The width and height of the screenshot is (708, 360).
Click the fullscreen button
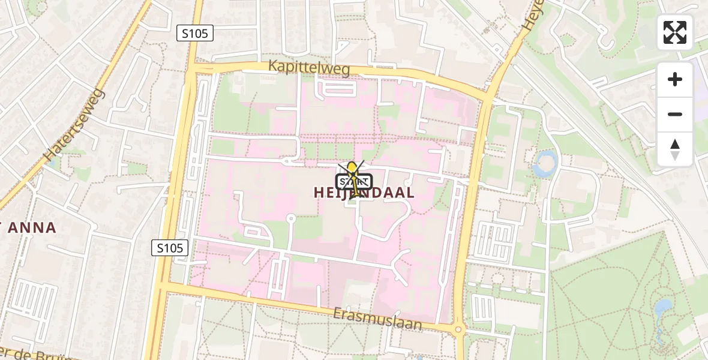(x=674, y=32)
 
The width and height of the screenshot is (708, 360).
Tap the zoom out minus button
(x=674, y=114)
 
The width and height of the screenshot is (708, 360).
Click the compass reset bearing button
(x=674, y=149)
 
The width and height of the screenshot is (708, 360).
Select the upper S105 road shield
(x=196, y=34)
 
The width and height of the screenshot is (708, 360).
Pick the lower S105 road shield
(x=170, y=247)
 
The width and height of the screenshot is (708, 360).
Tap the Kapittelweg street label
(x=308, y=67)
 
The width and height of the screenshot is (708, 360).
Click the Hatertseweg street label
(x=75, y=125)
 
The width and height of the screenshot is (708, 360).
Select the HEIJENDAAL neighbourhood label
(x=364, y=193)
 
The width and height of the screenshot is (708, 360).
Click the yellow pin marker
(x=352, y=171)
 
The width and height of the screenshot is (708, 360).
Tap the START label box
(x=354, y=182)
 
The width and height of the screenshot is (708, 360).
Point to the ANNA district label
(x=30, y=228)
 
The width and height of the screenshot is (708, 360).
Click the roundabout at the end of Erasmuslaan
(x=459, y=329)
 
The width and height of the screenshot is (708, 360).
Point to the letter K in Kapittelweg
(x=273, y=66)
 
